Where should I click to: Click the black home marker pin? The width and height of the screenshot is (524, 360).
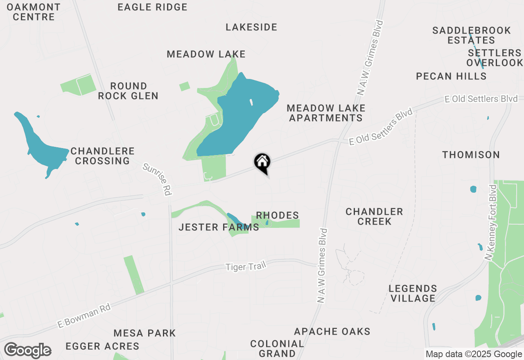click(262, 162)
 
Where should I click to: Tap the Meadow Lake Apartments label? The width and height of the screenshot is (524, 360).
click(326, 113)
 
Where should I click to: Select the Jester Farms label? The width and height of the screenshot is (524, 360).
click(219, 227)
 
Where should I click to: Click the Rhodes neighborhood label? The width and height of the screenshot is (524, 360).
click(277, 215)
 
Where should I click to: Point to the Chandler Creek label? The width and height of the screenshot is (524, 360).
click(374, 216)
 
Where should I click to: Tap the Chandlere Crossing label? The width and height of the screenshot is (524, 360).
click(102, 156)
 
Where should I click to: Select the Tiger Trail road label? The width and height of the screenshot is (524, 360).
click(246, 266)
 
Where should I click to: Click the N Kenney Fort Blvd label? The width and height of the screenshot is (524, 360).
click(490, 223)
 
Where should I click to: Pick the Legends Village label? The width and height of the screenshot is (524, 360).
click(413, 293)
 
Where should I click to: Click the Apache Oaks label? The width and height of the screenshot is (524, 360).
click(332, 331)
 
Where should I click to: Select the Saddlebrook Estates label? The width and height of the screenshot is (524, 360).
click(472, 35)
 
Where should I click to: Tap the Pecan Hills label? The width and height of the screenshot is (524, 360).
click(451, 76)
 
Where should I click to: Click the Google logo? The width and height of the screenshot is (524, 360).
click(27, 351)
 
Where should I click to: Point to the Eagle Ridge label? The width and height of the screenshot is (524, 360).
click(152, 7)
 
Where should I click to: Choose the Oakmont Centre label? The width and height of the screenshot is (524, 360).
click(34, 12)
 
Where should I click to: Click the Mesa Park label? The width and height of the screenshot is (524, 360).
click(145, 333)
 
